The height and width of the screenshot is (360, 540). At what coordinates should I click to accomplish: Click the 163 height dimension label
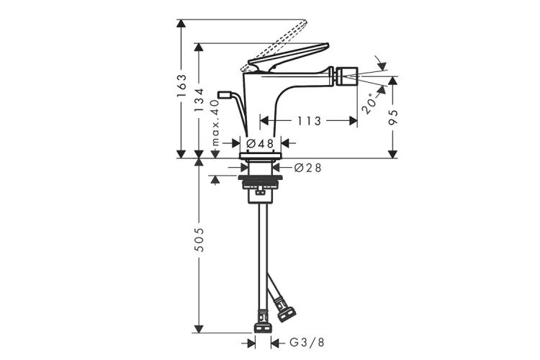[x=181, y=85]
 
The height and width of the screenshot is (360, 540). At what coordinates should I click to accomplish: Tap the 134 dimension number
[x=199, y=100]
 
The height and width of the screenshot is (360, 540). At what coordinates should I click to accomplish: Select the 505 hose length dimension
[x=199, y=239]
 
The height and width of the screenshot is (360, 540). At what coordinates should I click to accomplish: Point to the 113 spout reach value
[x=309, y=121]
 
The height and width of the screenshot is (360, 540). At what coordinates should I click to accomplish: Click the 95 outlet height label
[x=393, y=117]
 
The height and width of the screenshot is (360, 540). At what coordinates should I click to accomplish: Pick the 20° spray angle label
[x=369, y=104]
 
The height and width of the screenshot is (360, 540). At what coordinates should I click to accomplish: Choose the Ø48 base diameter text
[x=260, y=143]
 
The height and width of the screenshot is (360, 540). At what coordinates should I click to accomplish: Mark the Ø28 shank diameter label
[x=308, y=168]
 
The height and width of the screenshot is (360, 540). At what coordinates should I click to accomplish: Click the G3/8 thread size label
[x=307, y=343]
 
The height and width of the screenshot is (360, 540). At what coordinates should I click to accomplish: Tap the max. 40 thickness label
[x=215, y=122]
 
